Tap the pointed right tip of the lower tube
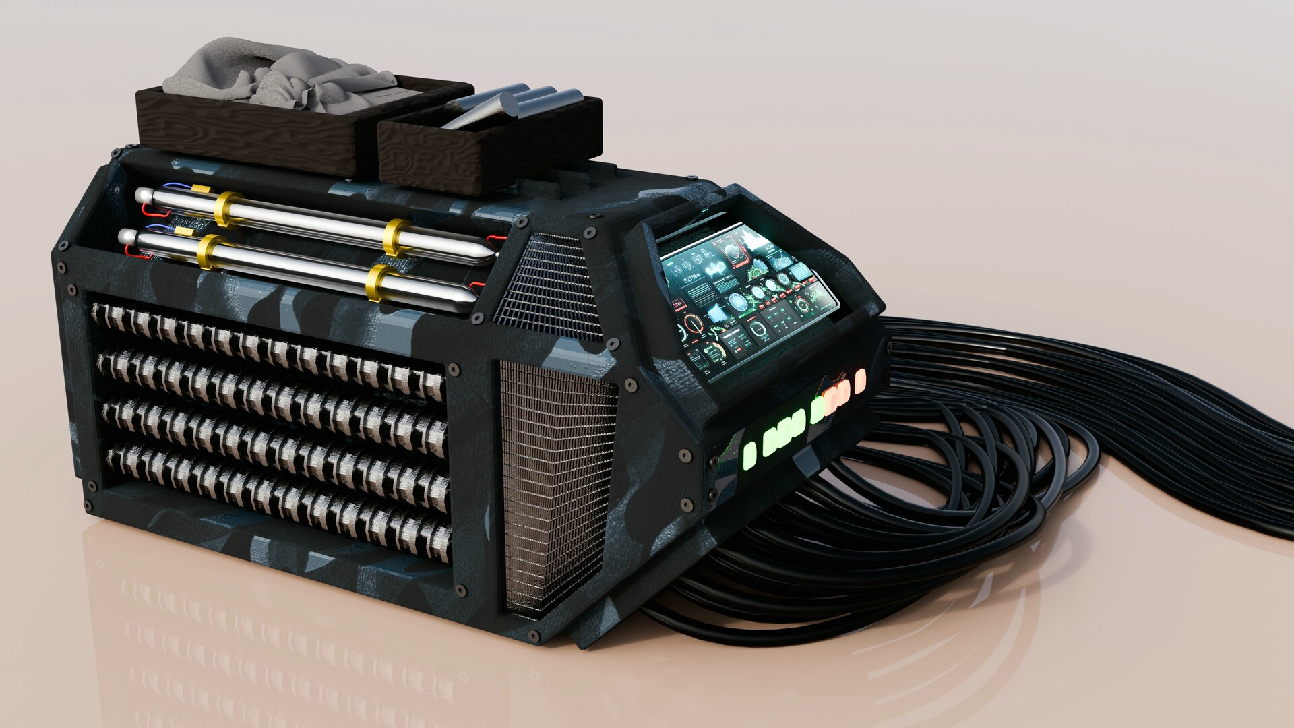pyautogui.click(x=473, y=297)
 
